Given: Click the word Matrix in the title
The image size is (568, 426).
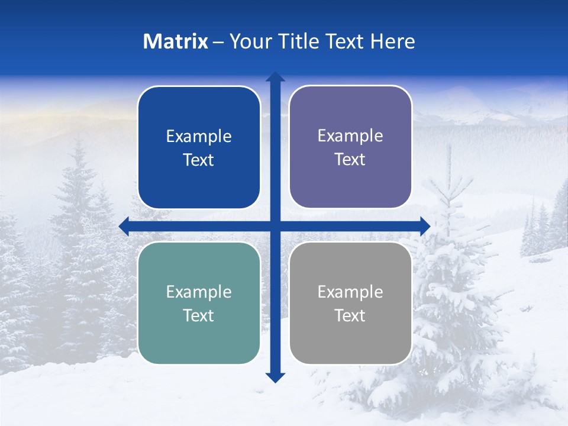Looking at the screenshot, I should [176, 41].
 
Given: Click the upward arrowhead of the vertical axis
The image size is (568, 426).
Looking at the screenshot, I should [275, 77].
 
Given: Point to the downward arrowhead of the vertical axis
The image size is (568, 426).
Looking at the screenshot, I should [275, 377].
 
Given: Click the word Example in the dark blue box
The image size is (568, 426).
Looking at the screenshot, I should [199, 137].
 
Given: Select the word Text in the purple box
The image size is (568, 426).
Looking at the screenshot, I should [350, 160].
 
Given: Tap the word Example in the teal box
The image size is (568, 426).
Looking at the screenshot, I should [199, 292].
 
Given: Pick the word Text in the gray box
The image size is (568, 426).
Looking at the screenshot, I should [350, 316].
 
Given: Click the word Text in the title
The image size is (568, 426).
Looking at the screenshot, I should [345, 41].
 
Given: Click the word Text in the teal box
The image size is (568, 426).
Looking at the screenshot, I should [199, 316].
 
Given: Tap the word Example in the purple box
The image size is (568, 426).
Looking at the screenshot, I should [350, 136].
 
